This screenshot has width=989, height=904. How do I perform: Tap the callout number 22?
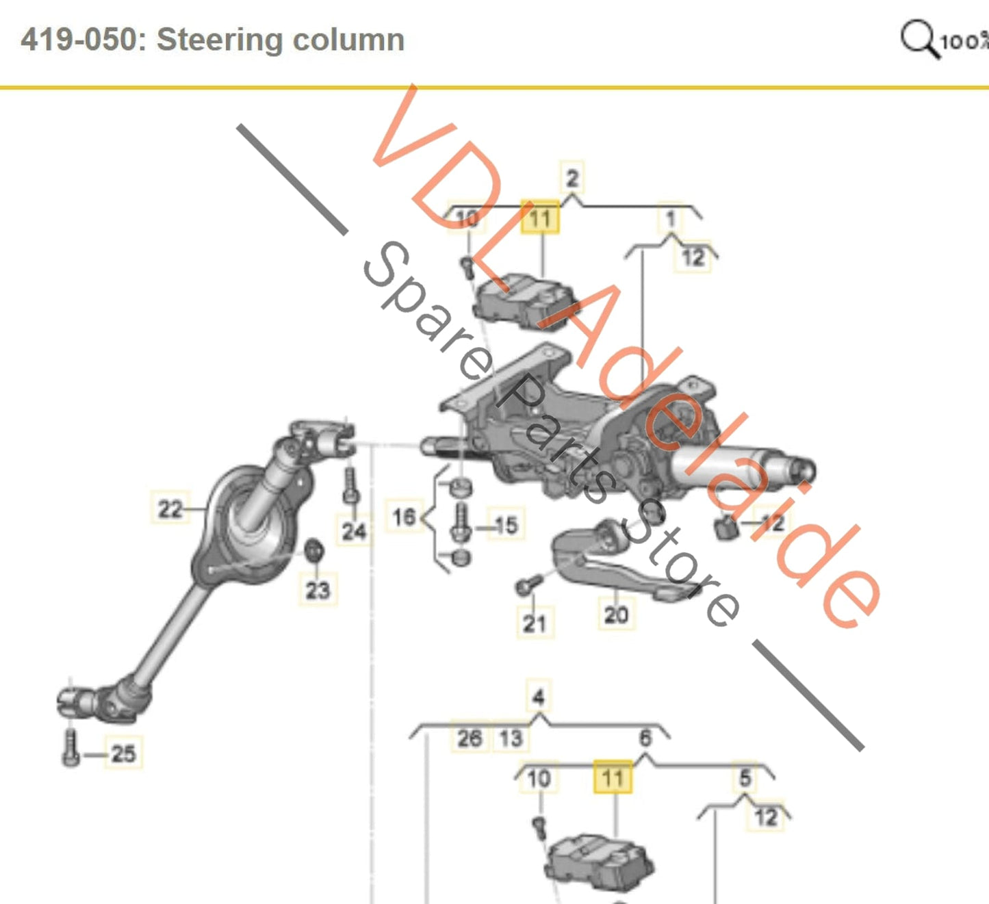click(170, 509)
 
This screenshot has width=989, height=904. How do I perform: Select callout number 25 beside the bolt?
click(123, 753)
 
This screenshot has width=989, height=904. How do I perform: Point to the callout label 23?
click(318, 589)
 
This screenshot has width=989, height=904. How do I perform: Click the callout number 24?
click(354, 530)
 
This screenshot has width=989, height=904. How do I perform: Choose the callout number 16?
click(403, 517)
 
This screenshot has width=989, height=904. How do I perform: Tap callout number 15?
click(506, 526)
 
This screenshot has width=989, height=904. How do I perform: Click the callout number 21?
click(534, 623)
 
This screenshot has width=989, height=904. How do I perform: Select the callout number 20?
click(615, 614)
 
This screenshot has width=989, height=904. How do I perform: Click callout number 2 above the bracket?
click(572, 179)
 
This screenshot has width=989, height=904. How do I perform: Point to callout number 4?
click(538, 697)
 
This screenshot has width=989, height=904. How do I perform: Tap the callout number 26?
click(469, 738)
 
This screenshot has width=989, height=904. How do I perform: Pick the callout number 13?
click(511, 738)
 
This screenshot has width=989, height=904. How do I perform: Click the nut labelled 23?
click(314, 549)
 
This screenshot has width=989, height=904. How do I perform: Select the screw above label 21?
click(528, 584)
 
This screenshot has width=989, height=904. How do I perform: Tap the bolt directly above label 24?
click(351, 487)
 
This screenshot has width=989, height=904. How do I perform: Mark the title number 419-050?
click(78, 40)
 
